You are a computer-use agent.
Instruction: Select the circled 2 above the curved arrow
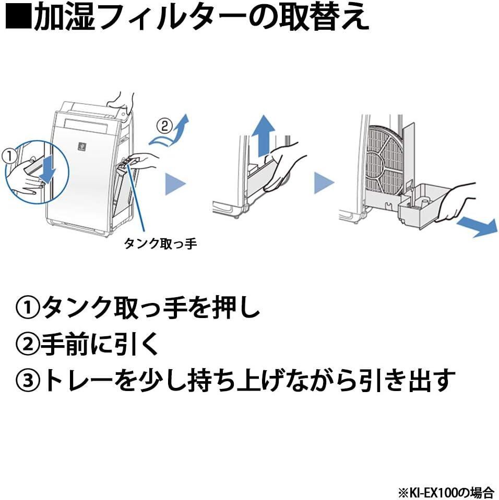click(x=164, y=125)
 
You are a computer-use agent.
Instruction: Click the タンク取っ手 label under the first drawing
click(x=160, y=243)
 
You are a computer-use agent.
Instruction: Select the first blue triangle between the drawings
click(x=174, y=184)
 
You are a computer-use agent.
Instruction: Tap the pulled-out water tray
click(x=420, y=206)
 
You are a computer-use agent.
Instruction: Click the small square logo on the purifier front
click(x=81, y=145)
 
